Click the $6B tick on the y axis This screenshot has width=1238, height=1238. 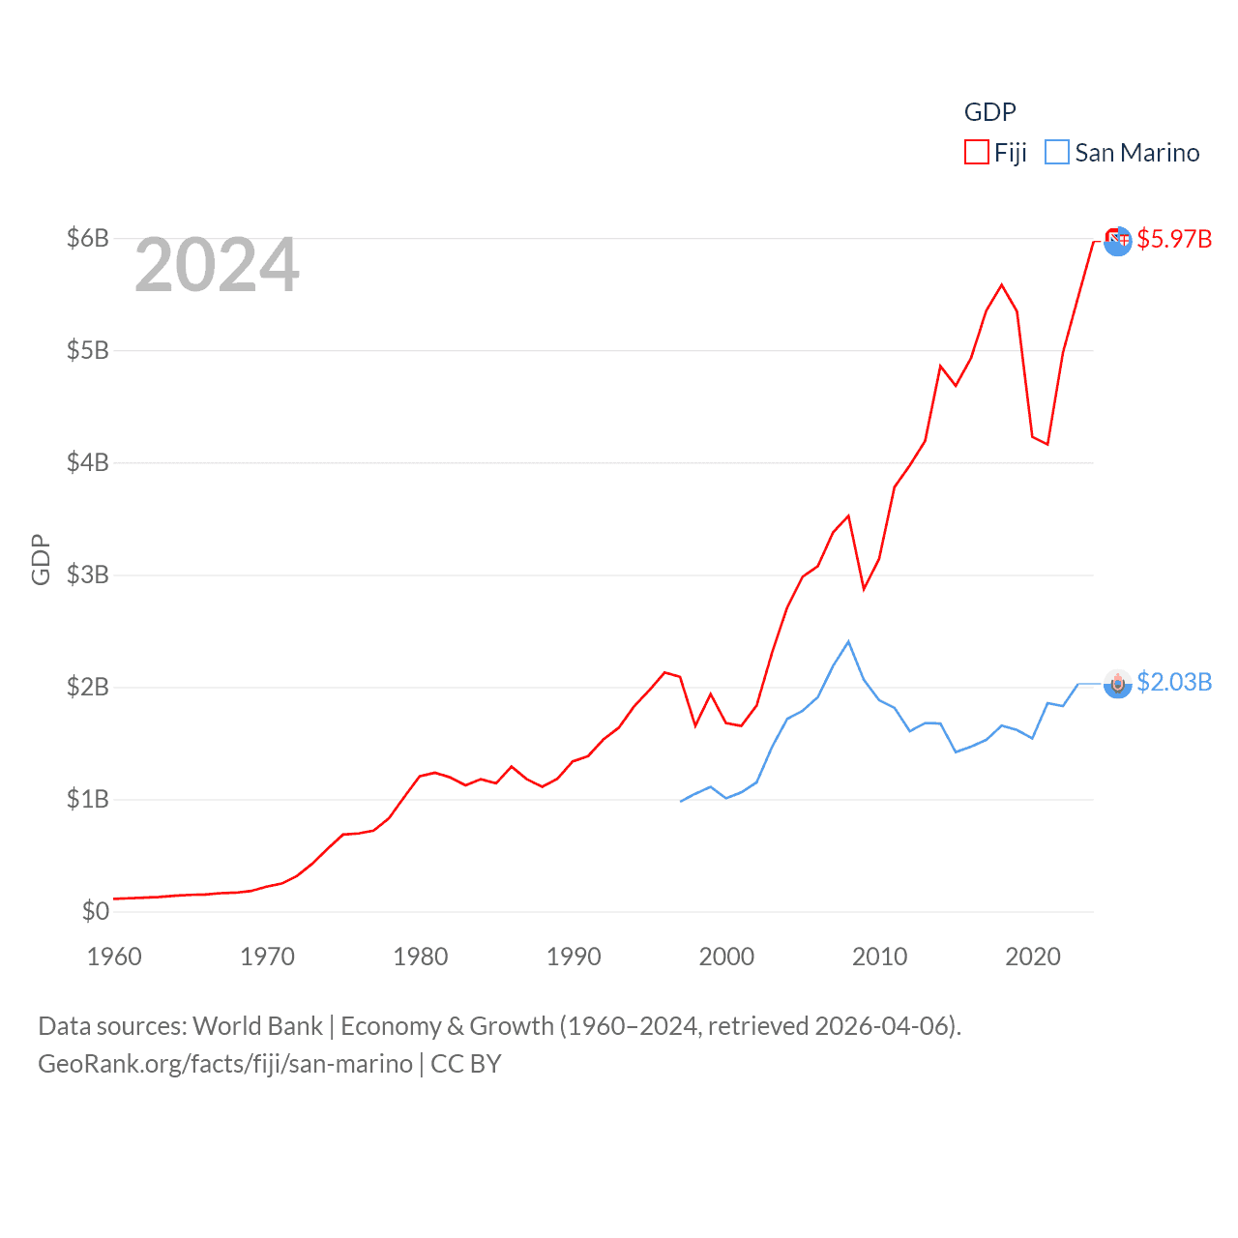click(x=87, y=238)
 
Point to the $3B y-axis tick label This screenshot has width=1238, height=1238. click(x=87, y=575)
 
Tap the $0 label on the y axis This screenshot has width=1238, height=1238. click(x=95, y=911)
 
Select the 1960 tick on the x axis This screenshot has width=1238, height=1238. click(x=114, y=957)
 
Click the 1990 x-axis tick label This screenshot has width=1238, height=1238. click(x=574, y=957)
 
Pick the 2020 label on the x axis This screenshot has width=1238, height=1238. click(x=1033, y=957)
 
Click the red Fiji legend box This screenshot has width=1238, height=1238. click(x=976, y=153)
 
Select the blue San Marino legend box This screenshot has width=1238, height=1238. click(x=1057, y=153)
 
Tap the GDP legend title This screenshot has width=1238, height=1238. click(x=989, y=112)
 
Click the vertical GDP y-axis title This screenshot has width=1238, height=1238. click(x=41, y=559)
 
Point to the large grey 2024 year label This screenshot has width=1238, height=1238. click(x=217, y=265)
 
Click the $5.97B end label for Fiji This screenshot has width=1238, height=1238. click(x=1174, y=239)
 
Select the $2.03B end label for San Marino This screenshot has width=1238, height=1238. click(x=1174, y=683)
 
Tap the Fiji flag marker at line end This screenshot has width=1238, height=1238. click(x=1117, y=240)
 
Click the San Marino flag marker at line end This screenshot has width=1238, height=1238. click(x=1117, y=684)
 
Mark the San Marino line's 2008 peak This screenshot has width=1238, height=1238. click(x=848, y=641)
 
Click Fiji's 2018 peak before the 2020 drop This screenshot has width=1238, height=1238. click(x=1001, y=284)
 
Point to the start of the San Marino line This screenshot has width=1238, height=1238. click(x=681, y=801)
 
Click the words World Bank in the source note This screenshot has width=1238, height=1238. click(x=257, y=1026)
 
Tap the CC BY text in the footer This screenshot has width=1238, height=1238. click(x=465, y=1064)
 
